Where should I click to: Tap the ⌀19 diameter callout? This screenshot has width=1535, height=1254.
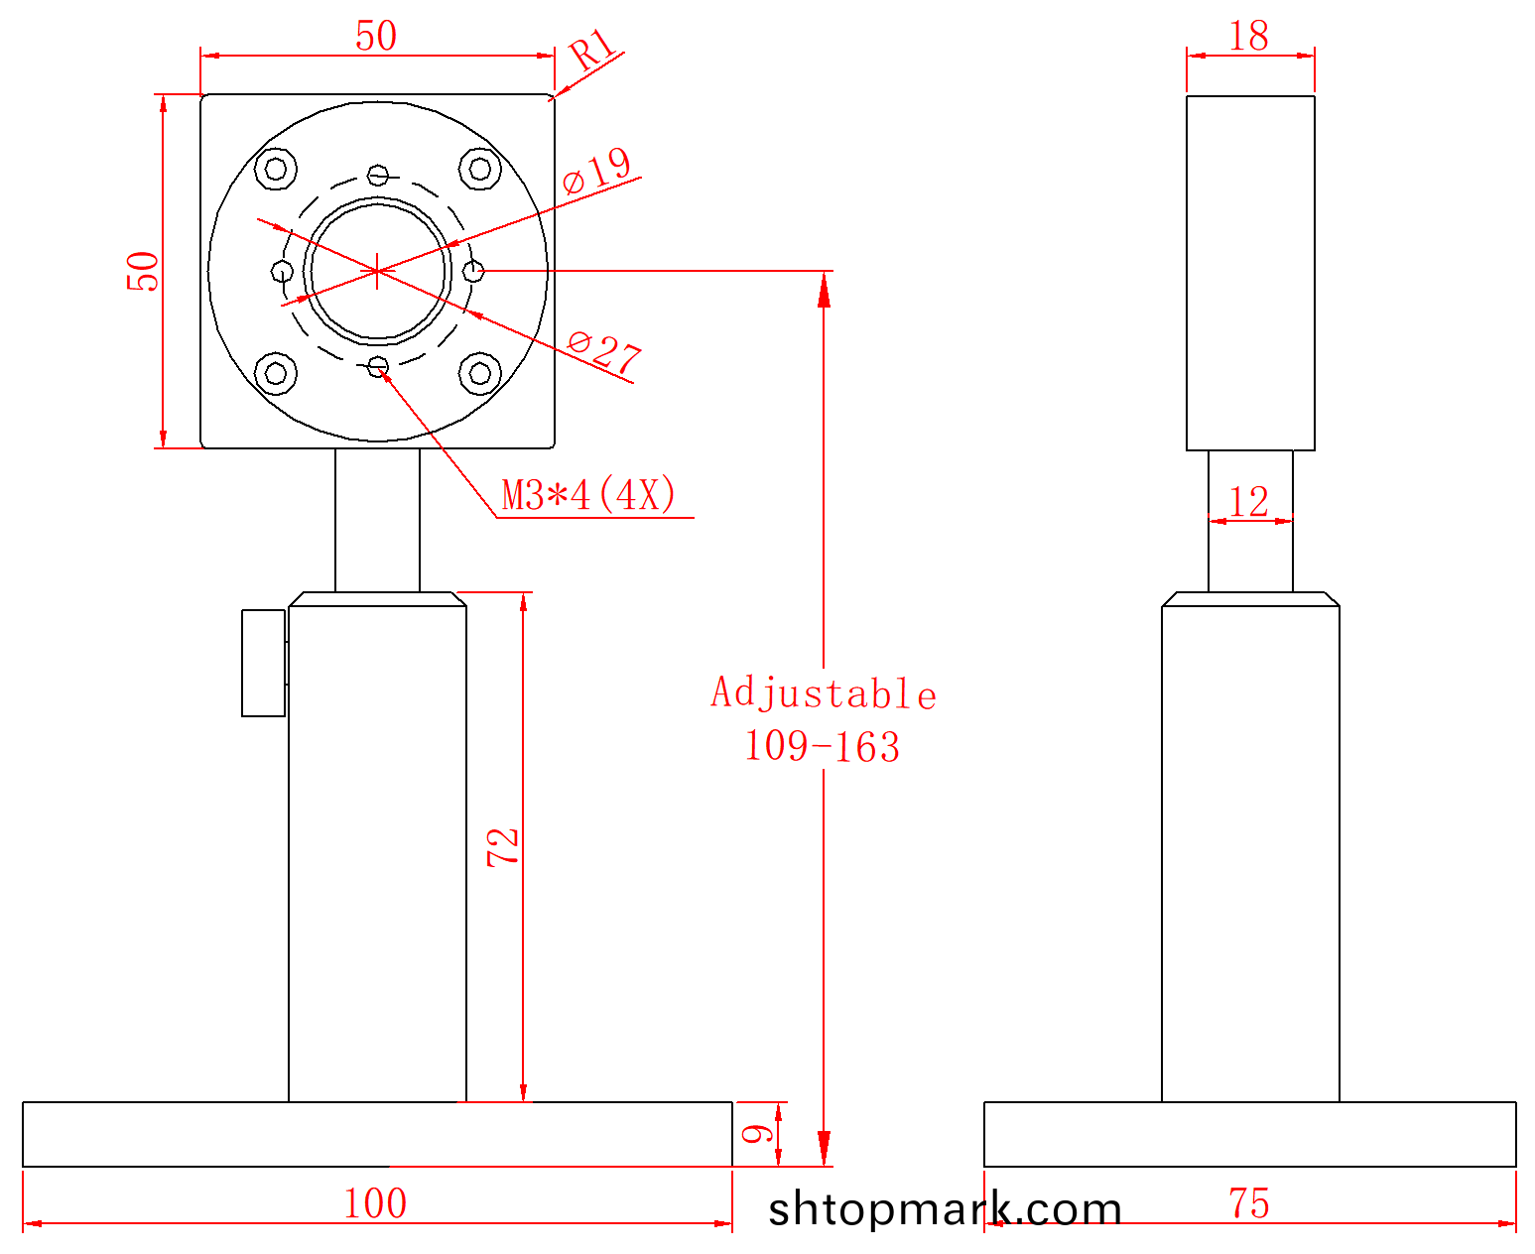(x=597, y=171)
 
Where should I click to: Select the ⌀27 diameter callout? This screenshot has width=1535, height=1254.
(x=604, y=353)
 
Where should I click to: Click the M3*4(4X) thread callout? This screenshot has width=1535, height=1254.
(x=588, y=495)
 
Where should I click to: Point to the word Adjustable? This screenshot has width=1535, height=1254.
(x=824, y=692)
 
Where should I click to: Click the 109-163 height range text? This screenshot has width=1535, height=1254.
(x=822, y=747)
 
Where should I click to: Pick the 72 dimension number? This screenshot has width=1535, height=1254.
(x=503, y=847)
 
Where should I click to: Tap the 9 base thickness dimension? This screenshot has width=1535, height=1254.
(x=758, y=1134)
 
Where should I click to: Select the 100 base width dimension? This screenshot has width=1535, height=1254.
(x=375, y=1203)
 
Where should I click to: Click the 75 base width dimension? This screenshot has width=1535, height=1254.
(x=1249, y=1203)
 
